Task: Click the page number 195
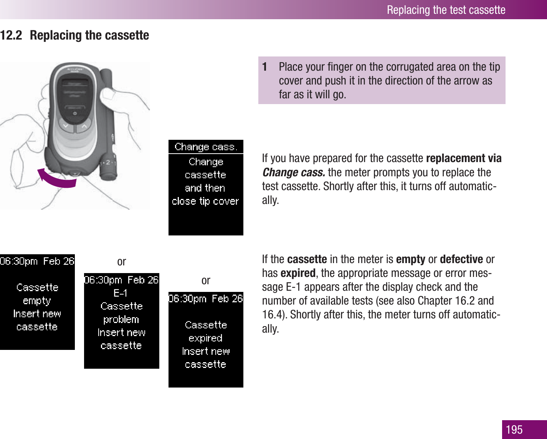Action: click(x=514, y=429)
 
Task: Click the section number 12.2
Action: click(x=11, y=35)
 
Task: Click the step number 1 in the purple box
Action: click(x=264, y=67)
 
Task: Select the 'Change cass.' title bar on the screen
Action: click(x=206, y=147)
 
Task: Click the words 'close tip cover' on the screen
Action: click(x=205, y=201)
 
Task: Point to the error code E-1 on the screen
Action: click(x=121, y=293)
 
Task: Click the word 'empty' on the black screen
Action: click(x=37, y=301)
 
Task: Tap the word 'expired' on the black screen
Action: click(x=205, y=338)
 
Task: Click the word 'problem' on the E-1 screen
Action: click(x=121, y=319)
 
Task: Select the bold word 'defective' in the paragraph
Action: click(x=461, y=259)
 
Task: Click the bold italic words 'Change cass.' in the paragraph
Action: click(x=294, y=172)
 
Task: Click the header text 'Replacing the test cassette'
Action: click(x=446, y=10)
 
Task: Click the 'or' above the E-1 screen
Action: click(x=121, y=262)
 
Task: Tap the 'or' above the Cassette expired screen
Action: click(x=206, y=281)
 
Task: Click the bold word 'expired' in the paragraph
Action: click(x=298, y=273)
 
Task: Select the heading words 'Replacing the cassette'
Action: click(x=89, y=35)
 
